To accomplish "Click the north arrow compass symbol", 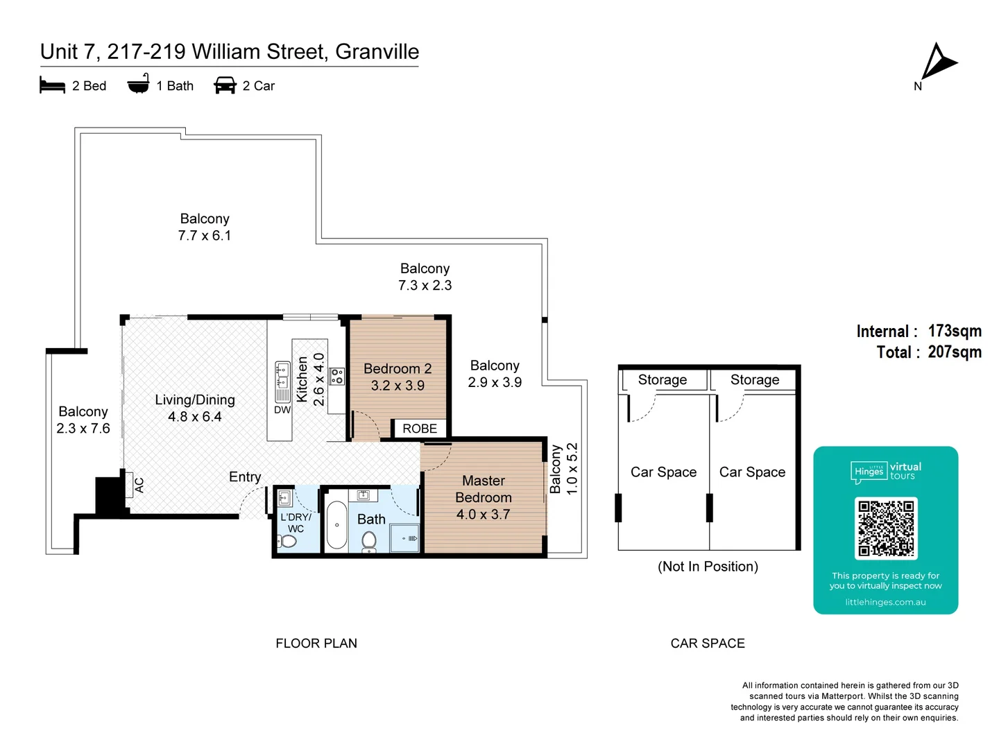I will (938, 62).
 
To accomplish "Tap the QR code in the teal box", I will (886, 528).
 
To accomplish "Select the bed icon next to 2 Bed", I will (52, 85).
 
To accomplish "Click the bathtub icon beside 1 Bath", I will (138, 84).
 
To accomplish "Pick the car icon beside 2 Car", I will (225, 85).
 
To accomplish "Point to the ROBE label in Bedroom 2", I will (420, 429).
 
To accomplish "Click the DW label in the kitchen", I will (282, 410).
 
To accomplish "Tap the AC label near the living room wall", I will (139, 485).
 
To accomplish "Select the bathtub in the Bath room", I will (336, 525).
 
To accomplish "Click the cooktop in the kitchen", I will (336, 377).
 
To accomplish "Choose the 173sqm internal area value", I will (955, 331).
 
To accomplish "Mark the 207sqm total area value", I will (955, 352).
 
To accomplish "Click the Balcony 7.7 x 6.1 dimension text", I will (205, 236).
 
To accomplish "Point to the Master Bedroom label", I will (484, 489).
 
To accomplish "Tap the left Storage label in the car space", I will (663, 380).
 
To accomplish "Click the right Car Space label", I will (752, 472).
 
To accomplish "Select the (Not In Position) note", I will (708, 567).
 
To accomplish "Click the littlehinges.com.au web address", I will (885, 602).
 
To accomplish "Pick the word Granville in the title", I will (377, 52).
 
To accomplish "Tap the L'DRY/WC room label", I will (296, 523).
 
